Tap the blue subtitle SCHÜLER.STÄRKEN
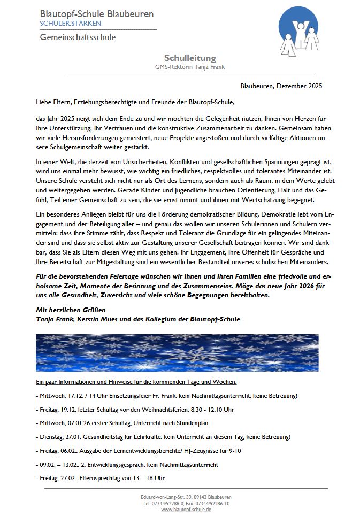coord(70,24)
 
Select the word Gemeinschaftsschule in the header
coord(78,37)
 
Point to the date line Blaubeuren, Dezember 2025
coord(281,86)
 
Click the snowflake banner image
coord(177,352)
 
